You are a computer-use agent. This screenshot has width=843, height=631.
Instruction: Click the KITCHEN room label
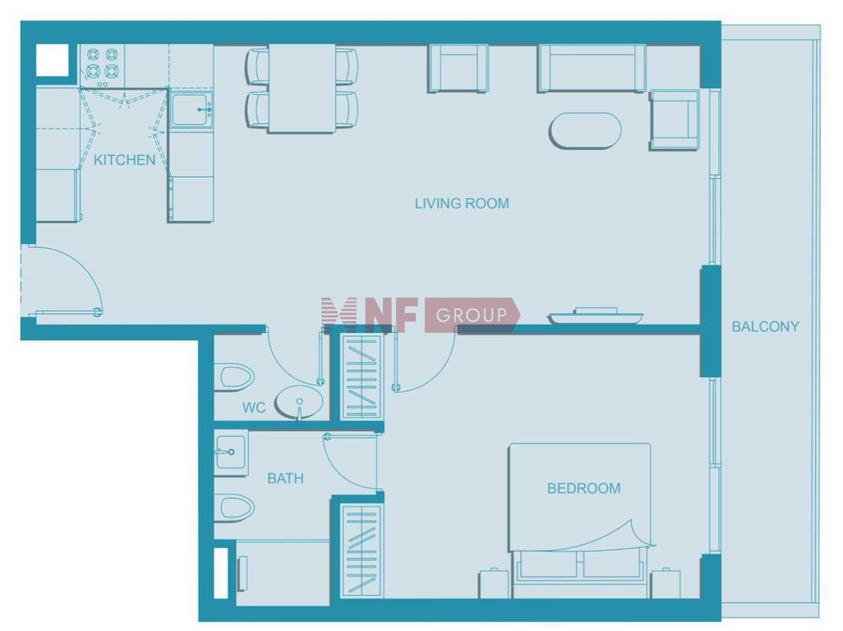coord(125,160)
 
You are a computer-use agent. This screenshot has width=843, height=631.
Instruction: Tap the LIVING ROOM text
coord(462,203)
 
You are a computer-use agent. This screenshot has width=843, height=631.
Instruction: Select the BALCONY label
coord(765,327)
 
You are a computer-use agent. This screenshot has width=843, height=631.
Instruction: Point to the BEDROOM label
coord(584,489)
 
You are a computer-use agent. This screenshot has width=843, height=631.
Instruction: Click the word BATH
coord(285,478)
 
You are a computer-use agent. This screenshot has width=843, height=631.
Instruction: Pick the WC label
coord(254,407)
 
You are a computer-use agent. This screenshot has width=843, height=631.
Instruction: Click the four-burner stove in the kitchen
coord(102,65)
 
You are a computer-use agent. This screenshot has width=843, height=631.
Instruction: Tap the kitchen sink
coord(191,109)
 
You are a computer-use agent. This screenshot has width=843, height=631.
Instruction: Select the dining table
coord(302,88)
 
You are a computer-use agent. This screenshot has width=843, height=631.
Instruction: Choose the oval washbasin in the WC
coord(299,402)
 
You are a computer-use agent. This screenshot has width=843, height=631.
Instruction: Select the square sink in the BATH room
coord(231,452)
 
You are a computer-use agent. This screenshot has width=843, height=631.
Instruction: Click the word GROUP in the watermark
coord(471,315)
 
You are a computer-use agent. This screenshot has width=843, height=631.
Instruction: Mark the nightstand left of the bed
coord(494,584)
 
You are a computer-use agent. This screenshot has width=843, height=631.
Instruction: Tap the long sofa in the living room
coord(592,69)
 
